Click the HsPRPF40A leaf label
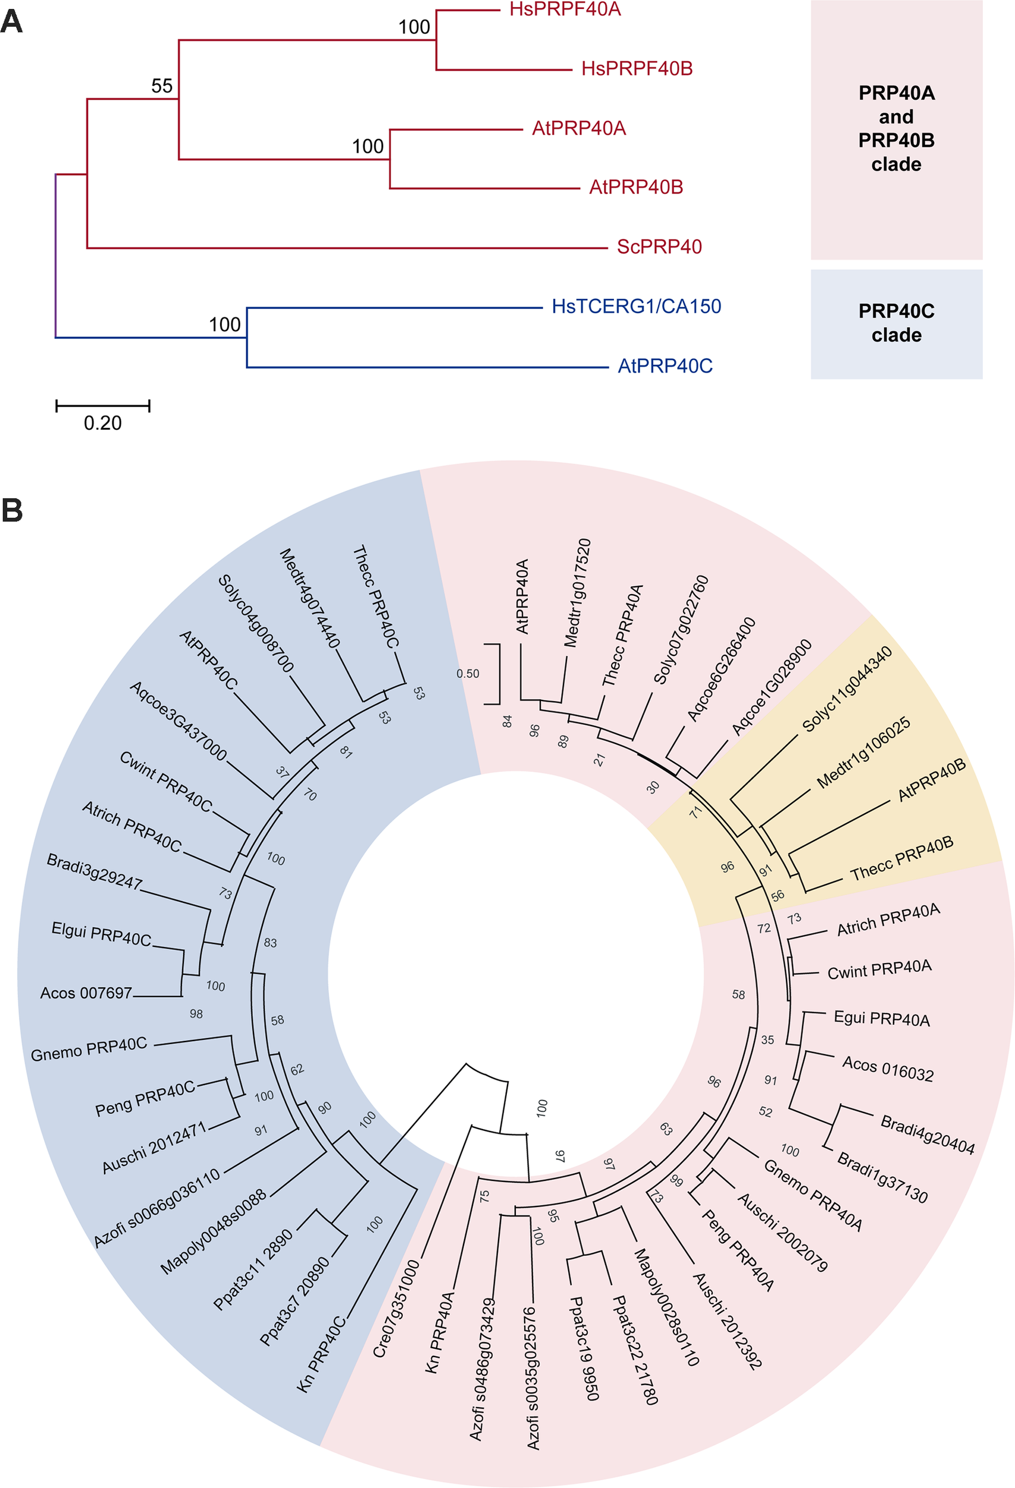[565, 10]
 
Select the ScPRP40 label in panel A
[659, 247]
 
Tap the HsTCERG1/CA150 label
[636, 307]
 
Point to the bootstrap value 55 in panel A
[162, 86]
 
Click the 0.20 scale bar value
[102, 423]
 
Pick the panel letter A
[11, 23]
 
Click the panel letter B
[11, 511]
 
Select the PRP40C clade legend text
[896, 323]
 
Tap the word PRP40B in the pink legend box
[896, 140]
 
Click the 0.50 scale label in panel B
[468, 674]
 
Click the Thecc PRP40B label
[902, 859]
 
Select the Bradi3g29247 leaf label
[94, 871]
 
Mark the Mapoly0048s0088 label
[213, 1232]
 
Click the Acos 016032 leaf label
[888, 1068]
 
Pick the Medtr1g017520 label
[577, 592]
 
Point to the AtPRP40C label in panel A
[665, 366]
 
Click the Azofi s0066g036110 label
[157, 1208]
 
